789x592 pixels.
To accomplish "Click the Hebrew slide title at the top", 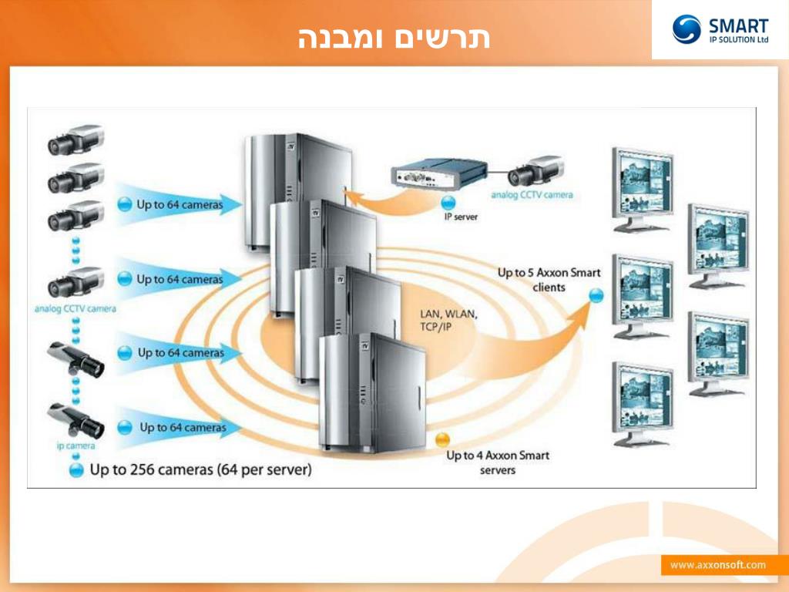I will (394, 38).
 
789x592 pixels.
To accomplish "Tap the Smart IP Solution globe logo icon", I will (686, 29).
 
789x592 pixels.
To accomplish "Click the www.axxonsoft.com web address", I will (717, 565).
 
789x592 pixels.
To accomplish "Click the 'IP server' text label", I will (461, 217).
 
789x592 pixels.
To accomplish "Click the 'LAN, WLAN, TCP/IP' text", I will (448, 320).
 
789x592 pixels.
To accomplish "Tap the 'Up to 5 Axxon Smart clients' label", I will (549, 280).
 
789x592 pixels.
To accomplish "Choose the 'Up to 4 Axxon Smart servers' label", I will (498, 462).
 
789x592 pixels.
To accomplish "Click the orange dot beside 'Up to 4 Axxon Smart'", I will (442, 440).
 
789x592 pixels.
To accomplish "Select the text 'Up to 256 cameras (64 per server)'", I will (201, 469).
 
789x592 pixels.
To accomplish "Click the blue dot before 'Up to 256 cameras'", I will (76, 470).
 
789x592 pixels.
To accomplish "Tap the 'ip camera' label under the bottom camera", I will (76, 446).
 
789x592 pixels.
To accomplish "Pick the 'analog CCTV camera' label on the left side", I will (76, 309).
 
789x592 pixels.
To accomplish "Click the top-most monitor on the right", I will (642, 187).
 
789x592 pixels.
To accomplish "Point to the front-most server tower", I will (373, 395).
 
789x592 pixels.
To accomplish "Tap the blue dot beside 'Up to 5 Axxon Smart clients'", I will (596, 295).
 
